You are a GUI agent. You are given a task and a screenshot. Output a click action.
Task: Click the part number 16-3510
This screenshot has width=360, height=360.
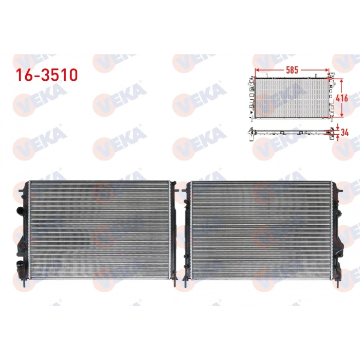(46, 75)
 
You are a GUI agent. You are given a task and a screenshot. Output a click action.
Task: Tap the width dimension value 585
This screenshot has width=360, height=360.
(292, 68)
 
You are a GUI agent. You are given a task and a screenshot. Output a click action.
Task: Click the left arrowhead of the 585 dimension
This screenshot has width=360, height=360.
(256, 69)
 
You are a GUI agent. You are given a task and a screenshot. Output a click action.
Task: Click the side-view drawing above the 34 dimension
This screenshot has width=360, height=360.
(291, 132)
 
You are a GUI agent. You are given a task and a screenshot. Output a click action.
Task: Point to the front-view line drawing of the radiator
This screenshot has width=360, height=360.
(291, 98)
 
